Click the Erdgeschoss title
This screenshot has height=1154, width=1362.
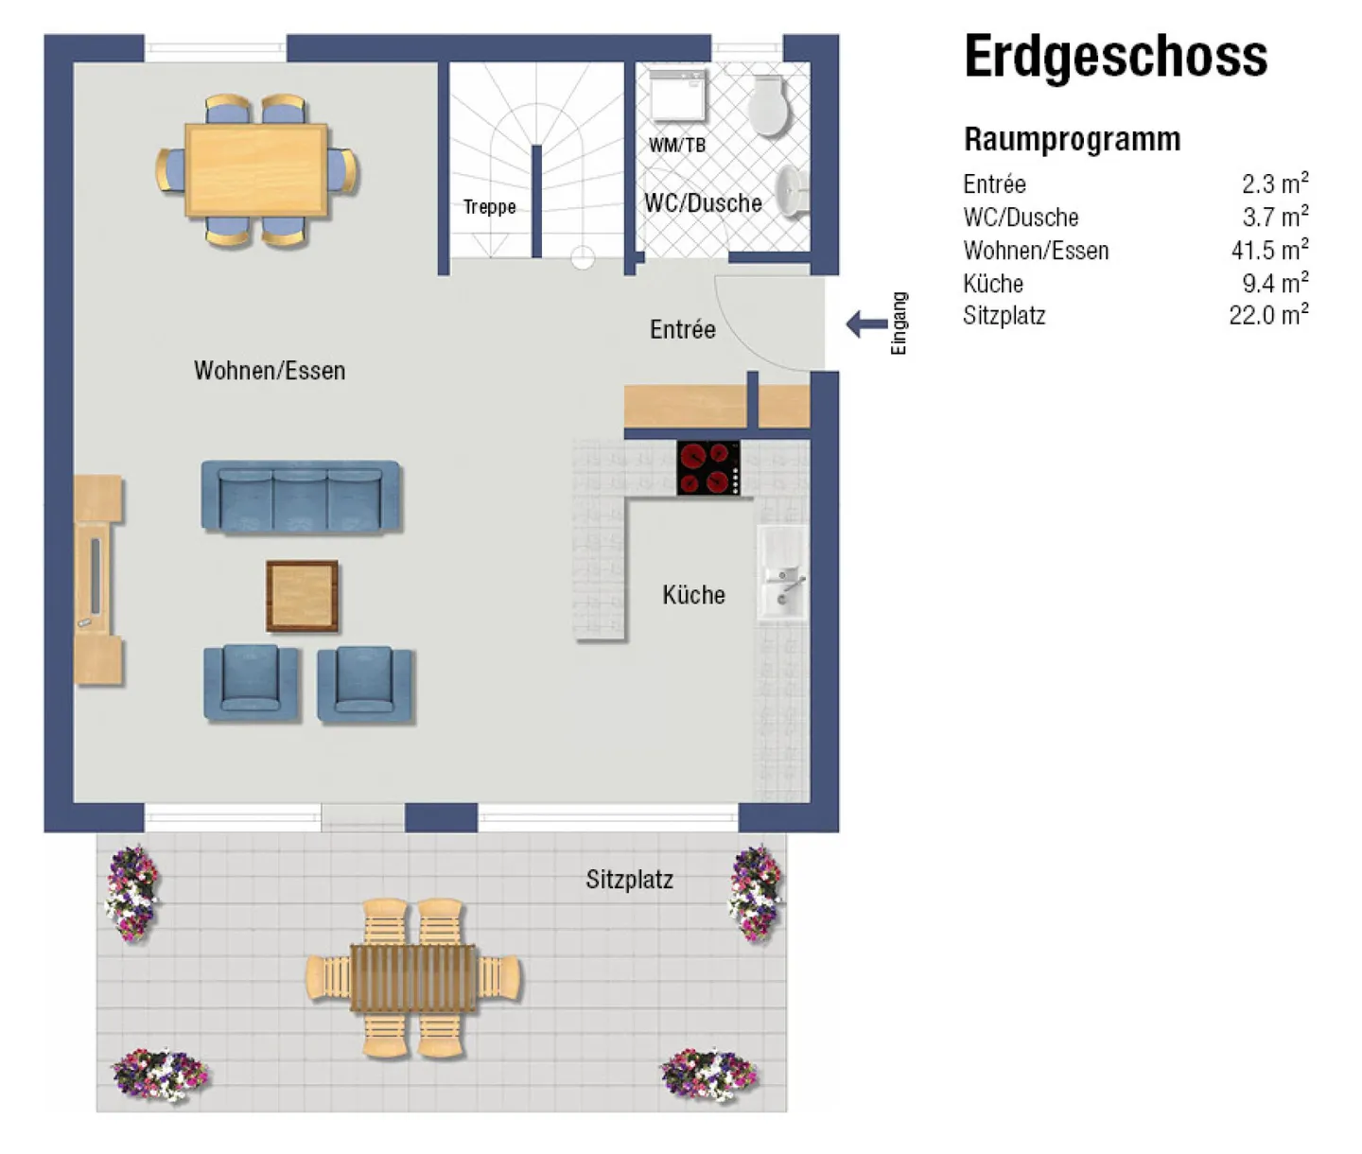1115,57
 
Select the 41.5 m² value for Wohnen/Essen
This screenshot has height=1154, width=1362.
1269,250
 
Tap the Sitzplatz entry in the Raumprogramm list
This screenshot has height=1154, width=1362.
1004,315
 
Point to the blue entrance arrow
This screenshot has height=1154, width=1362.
865,324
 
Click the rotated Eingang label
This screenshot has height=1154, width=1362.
899,323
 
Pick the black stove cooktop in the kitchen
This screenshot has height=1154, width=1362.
708,467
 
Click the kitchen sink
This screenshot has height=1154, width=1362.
782,573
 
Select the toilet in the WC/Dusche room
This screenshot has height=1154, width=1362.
768,106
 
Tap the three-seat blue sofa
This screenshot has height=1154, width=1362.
301,497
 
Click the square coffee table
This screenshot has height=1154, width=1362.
302,596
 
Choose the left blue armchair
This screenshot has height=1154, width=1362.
251,683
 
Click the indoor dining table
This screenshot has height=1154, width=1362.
256,170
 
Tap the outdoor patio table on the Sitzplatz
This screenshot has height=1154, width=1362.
413,978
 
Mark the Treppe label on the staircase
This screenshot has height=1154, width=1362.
489,206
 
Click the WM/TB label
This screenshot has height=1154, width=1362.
676,145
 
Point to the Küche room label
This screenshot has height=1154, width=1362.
693,595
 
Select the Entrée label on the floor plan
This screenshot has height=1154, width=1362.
682,329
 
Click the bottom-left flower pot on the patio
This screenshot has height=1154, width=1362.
159,1074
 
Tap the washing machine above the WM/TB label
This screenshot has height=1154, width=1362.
677,96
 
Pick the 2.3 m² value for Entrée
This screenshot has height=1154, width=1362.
1274,183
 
